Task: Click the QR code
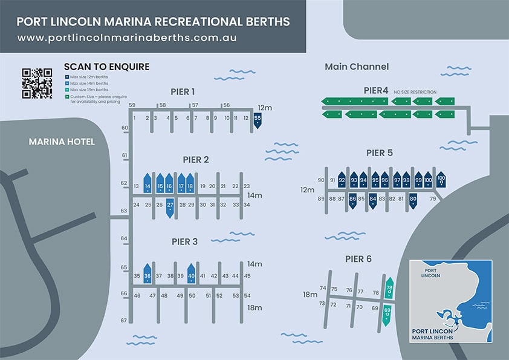pos(37,83)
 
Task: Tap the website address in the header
pos(127,38)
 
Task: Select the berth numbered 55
pos(258,120)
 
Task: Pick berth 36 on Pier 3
pos(147,275)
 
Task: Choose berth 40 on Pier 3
pos(191,275)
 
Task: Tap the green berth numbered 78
pos(389,289)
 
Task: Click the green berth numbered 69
pos(387,313)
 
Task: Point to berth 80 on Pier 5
pos(413,199)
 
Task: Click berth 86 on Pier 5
pos(352,199)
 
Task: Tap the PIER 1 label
pos(183,92)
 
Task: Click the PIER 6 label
pos(358,259)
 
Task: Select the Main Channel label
pos(357,67)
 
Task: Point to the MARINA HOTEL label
pos(61,142)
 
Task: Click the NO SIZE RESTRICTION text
pos(415,92)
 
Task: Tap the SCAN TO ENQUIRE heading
pos(106,67)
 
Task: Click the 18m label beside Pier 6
pos(310,295)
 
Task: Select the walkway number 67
pos(124,320)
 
